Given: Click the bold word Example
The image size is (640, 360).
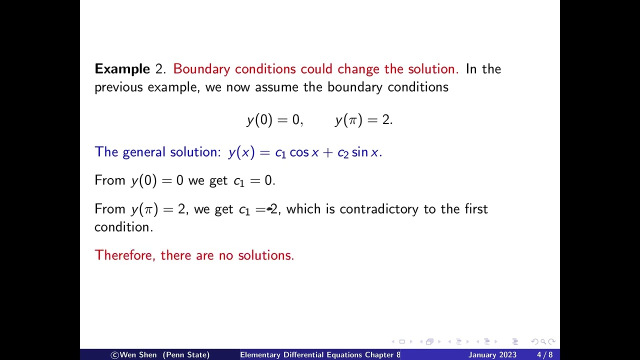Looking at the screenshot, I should point(122,69).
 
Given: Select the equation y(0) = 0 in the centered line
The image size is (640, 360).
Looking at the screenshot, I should point(274,120).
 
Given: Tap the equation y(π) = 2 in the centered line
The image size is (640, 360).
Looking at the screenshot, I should point(363,120).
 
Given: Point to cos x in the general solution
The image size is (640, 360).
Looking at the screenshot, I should point(303,152).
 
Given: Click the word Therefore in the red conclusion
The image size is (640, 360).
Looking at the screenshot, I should point(125,255).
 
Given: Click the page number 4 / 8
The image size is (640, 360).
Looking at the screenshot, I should point(544,355).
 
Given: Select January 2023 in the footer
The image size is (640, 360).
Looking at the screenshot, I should point(492,355).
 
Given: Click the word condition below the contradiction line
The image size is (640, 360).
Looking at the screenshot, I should point(123,227).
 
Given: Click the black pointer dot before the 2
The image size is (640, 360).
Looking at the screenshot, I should point(269,209).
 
